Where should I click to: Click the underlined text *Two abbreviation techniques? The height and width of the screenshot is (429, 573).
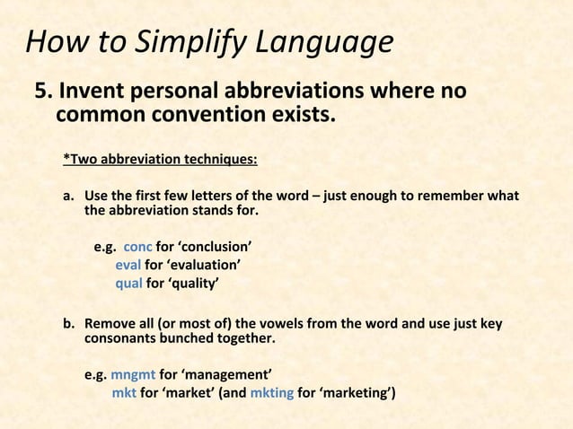pyautogui.click(x=160, y=161)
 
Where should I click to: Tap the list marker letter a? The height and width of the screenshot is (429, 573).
pyautogui.click(x=67, y=196)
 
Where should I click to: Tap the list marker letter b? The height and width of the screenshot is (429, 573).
pyautogui.click(x=67, y=323)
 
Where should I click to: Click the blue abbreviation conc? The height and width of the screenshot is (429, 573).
pyautogui.click(x=137, y=247)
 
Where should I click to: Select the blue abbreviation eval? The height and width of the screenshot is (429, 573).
pyautogui.click(x=128, y=265)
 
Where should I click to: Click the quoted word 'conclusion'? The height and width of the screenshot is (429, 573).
pyautogui.click(x=215, y=247)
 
